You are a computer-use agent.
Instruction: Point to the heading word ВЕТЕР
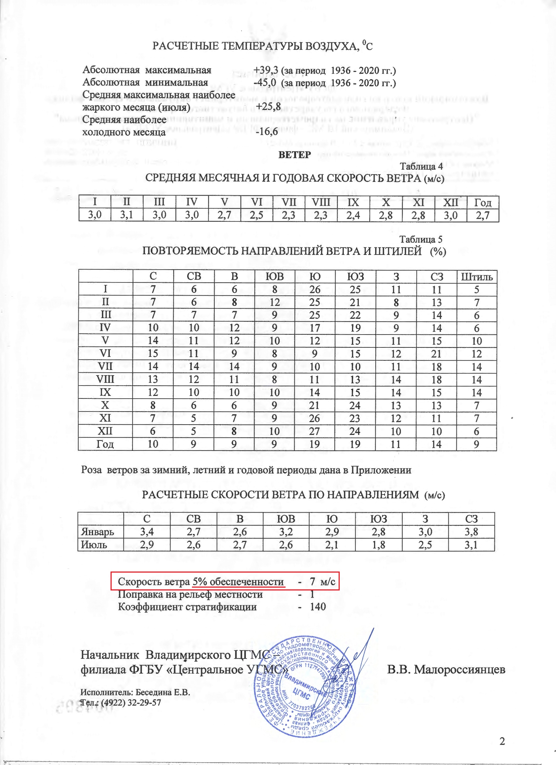pyautogui.click(x=294, y=155)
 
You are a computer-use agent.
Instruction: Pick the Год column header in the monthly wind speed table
pyautogui.click(x=482, y=202)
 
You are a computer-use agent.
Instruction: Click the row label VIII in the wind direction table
pyautogui.click(x=105, y=380)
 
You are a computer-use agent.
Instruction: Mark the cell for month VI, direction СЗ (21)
pyautogui.click(x=437, y=354)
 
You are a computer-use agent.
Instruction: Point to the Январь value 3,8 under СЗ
pyautogui.click(x=471, y=532)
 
